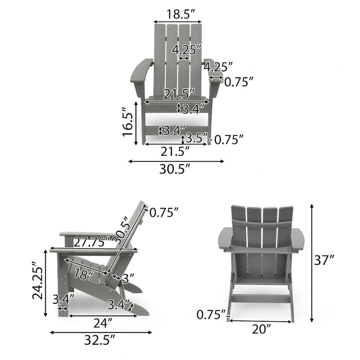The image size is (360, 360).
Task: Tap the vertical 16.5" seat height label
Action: (x=128, y=124)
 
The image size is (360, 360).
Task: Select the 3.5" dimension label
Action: (x=196, y=137)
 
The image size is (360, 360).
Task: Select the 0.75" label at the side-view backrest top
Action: (x=164, y=212)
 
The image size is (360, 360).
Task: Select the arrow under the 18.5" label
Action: (x=177, y=21)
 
